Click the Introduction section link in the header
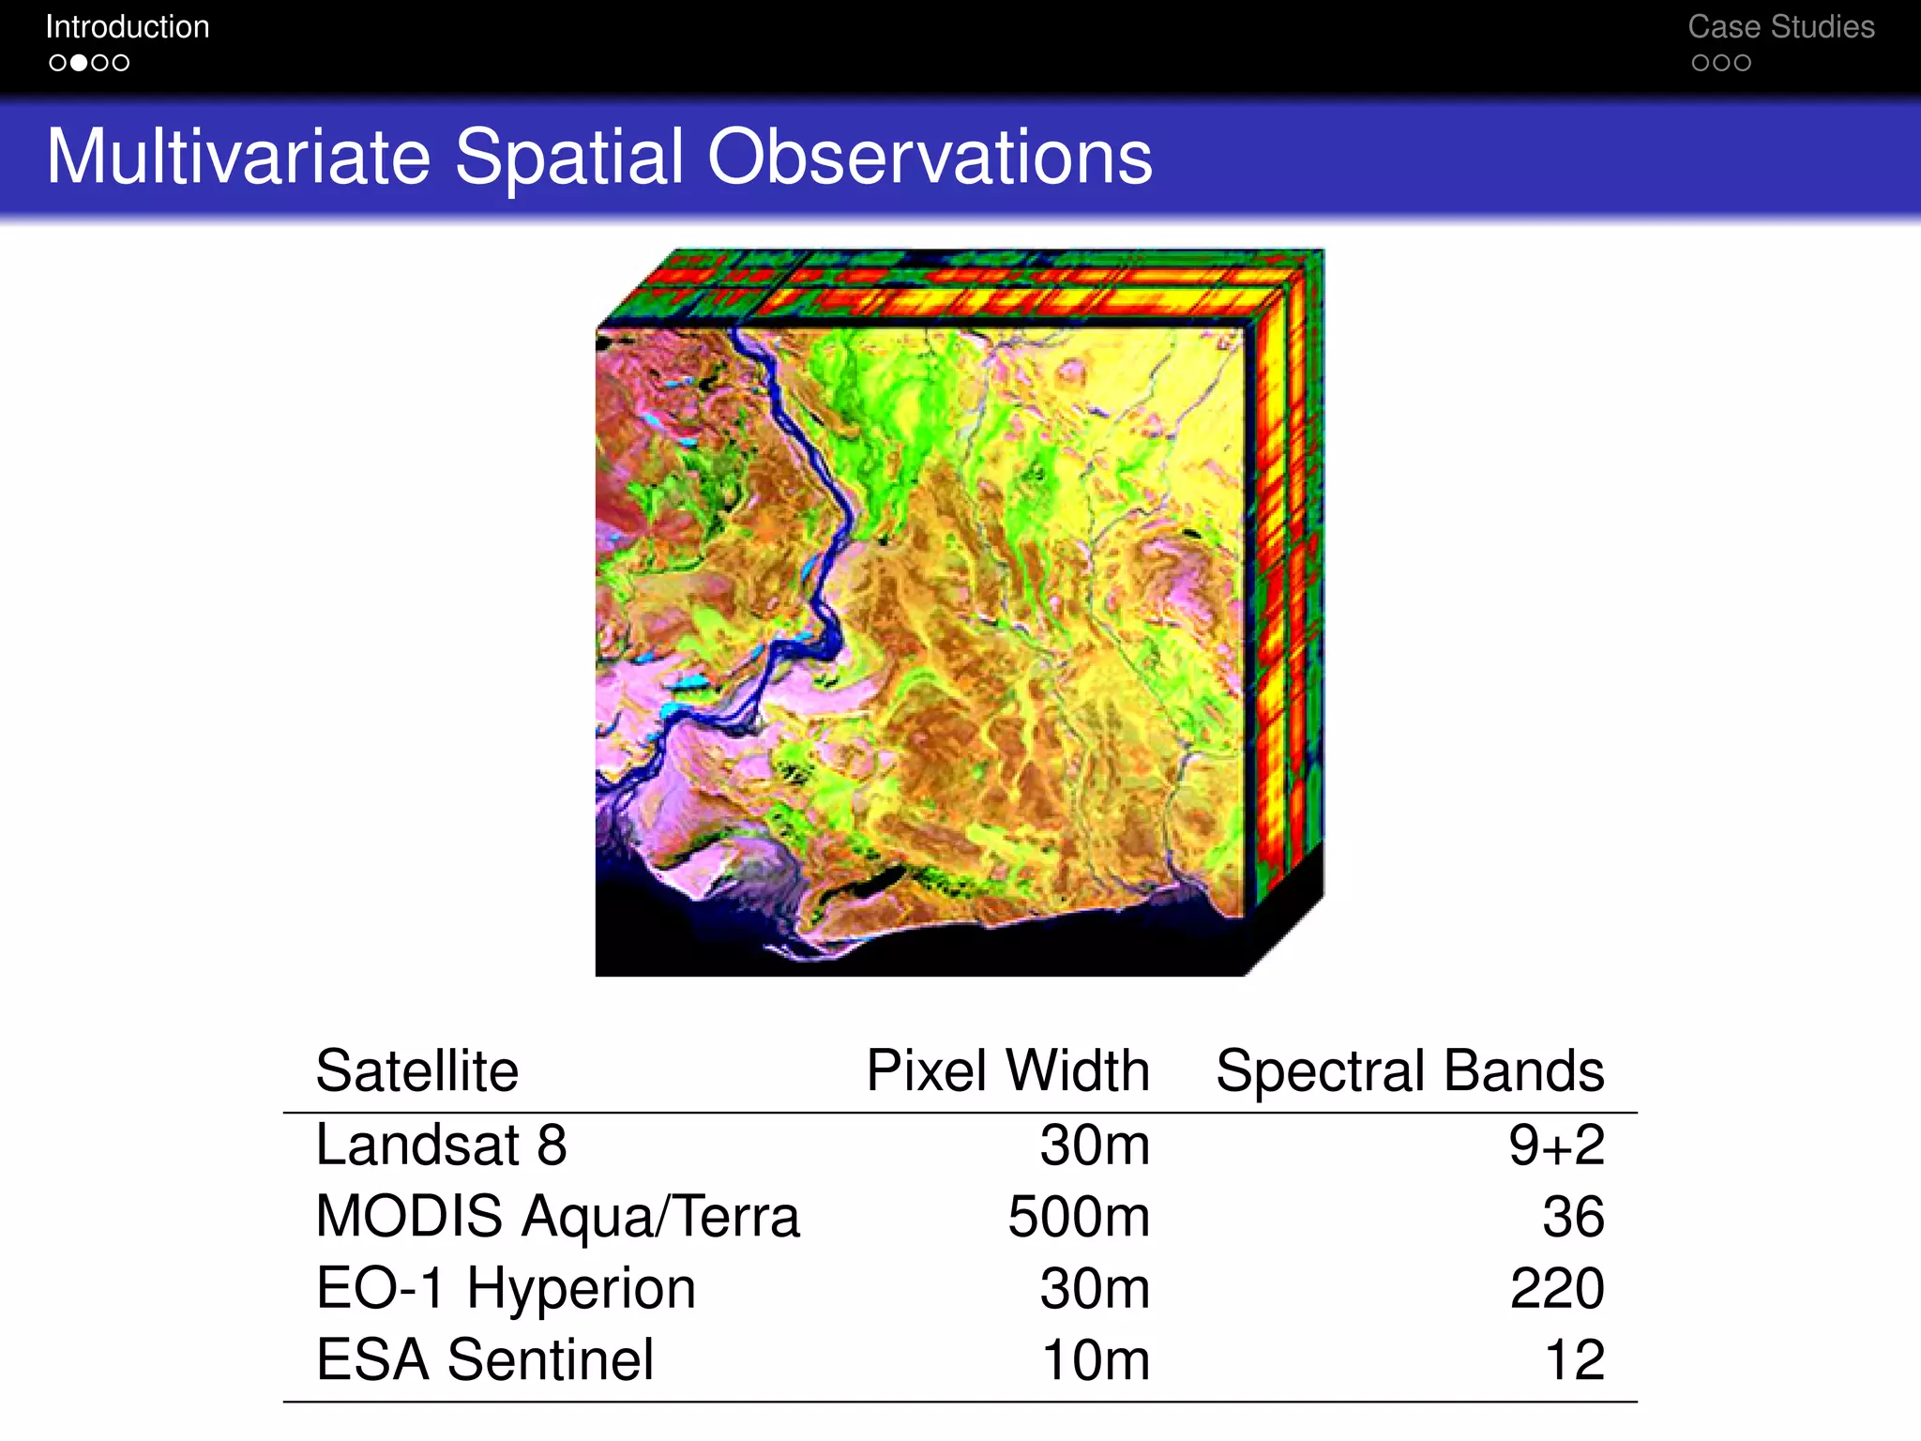click(x=127, y=26)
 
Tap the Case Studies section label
click(x=1780, y=26)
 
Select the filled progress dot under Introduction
click(x=79, y=63)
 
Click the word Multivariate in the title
click(x=237, y=157)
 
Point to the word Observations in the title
click(x=929, y=157)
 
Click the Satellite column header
click(x=416, y=1070)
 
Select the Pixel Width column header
click(x=1007, y=1070)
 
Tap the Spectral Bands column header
click(x=1410, y=1070)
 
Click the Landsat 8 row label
click(x=441, y=1145)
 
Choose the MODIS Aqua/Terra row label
click(x=557, y=1217)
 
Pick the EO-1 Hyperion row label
click(x=506, y=1288)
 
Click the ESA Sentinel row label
click(x=484, y=1359)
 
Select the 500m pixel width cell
click(x=1079, y=1217)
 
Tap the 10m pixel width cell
click(x=1096, y=1359)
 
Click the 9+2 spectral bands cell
click(x=1556, y=1145)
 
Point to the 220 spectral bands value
click(x=1557, y=1288)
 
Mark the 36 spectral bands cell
click(x=1573, y=1217)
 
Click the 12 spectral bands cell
click(x=1574, y=1359)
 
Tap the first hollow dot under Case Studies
click(x=1701, y=63)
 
